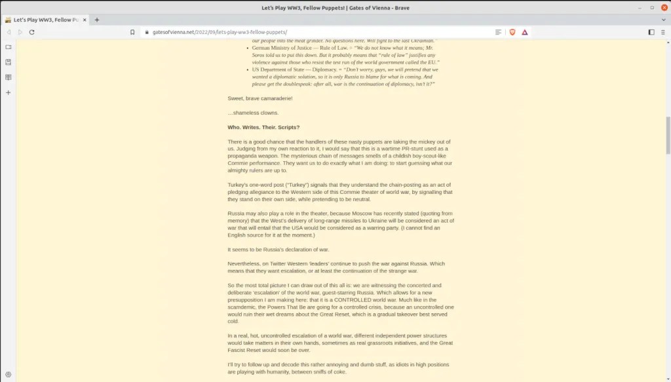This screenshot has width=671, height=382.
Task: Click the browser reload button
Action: pos(31,31)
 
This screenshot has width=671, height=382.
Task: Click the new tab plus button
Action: pos(97,20)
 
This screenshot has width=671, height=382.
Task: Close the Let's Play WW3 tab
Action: pos(85,20)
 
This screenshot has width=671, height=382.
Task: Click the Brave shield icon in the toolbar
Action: pos(512,31)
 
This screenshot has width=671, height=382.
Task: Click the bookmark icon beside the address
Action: pos(132,31)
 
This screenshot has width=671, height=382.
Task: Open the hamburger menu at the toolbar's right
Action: pos(663,31)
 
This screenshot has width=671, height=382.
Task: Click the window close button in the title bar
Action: pos(663,7)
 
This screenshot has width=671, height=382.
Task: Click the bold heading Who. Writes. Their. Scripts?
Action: pos(263,127)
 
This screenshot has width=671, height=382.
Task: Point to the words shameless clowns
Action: pos(246,113)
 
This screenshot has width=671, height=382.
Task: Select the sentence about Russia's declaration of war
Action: pos(278,249)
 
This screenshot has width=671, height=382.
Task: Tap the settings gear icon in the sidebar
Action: pos(8,373)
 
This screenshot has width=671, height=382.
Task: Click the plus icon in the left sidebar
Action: pos(8,92)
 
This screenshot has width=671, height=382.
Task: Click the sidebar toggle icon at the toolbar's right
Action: pos(651,31)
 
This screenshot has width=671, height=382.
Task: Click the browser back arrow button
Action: pos(9,31)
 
